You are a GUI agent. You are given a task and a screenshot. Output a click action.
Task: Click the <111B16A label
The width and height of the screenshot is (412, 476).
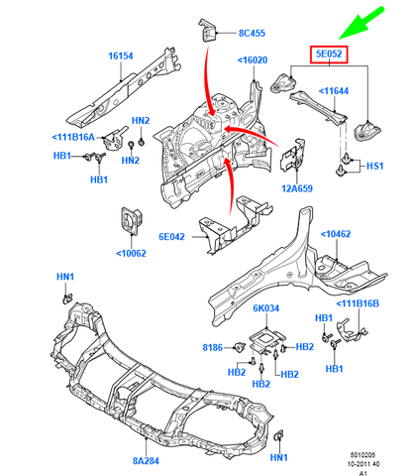73,138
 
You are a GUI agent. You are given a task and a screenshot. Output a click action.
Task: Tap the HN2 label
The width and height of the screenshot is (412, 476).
141,122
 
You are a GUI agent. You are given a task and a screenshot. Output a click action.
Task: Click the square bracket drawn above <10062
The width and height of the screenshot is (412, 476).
130,221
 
